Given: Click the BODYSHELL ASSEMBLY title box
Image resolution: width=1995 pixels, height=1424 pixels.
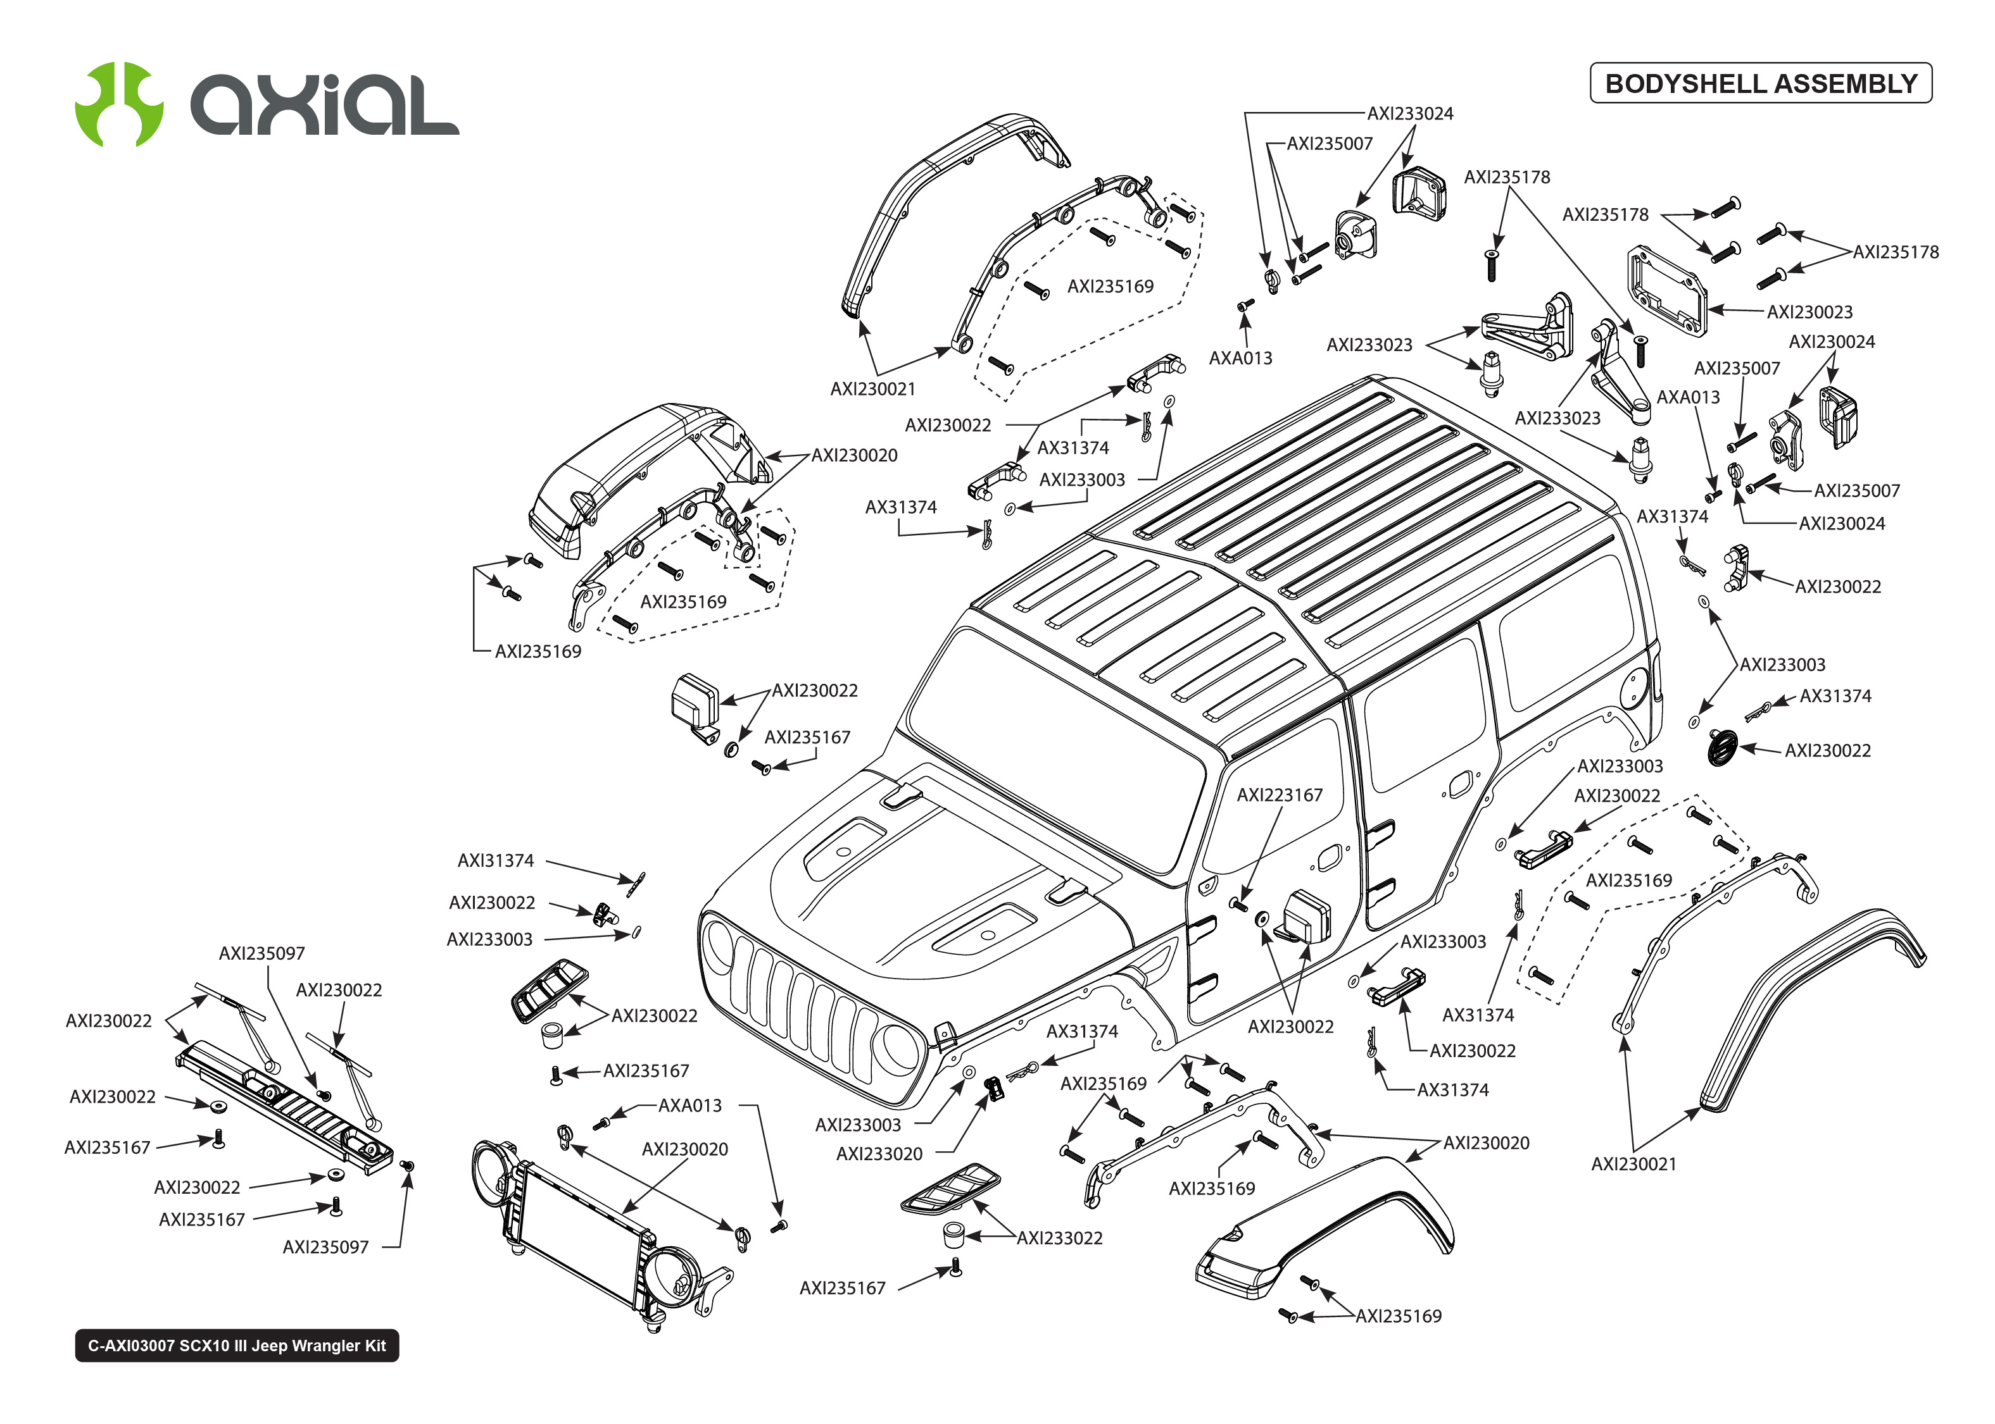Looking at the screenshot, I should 1760,84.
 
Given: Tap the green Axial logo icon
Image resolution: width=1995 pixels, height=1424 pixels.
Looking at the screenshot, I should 118,104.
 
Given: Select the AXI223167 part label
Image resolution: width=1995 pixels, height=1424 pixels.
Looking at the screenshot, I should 1279,795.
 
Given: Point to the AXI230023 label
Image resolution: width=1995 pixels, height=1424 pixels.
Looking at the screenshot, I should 1809,312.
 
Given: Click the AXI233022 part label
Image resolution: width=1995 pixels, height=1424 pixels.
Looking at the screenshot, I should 1059,1238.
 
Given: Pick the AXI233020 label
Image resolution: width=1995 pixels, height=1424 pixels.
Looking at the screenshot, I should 879,1154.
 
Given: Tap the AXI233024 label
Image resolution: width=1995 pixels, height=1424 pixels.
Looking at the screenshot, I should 1410,113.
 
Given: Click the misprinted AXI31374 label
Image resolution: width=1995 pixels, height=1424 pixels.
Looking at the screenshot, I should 495,860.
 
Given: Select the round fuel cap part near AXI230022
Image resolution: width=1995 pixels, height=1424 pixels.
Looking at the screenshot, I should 1722,748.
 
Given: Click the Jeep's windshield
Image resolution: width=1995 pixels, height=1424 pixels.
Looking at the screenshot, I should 1053,745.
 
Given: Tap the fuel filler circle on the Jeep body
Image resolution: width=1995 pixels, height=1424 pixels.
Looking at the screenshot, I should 1633,688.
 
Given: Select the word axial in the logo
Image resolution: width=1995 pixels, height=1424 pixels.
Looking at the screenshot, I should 325,105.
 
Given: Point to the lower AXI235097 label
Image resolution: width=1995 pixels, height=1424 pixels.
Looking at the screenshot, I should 325,1247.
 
